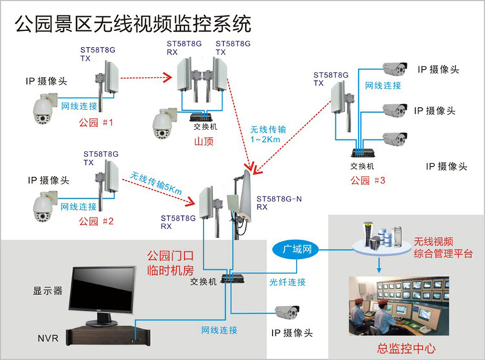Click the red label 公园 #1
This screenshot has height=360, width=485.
coord(98,123)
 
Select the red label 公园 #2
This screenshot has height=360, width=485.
coord(98,221)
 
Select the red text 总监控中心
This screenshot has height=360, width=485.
coord(407,348)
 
